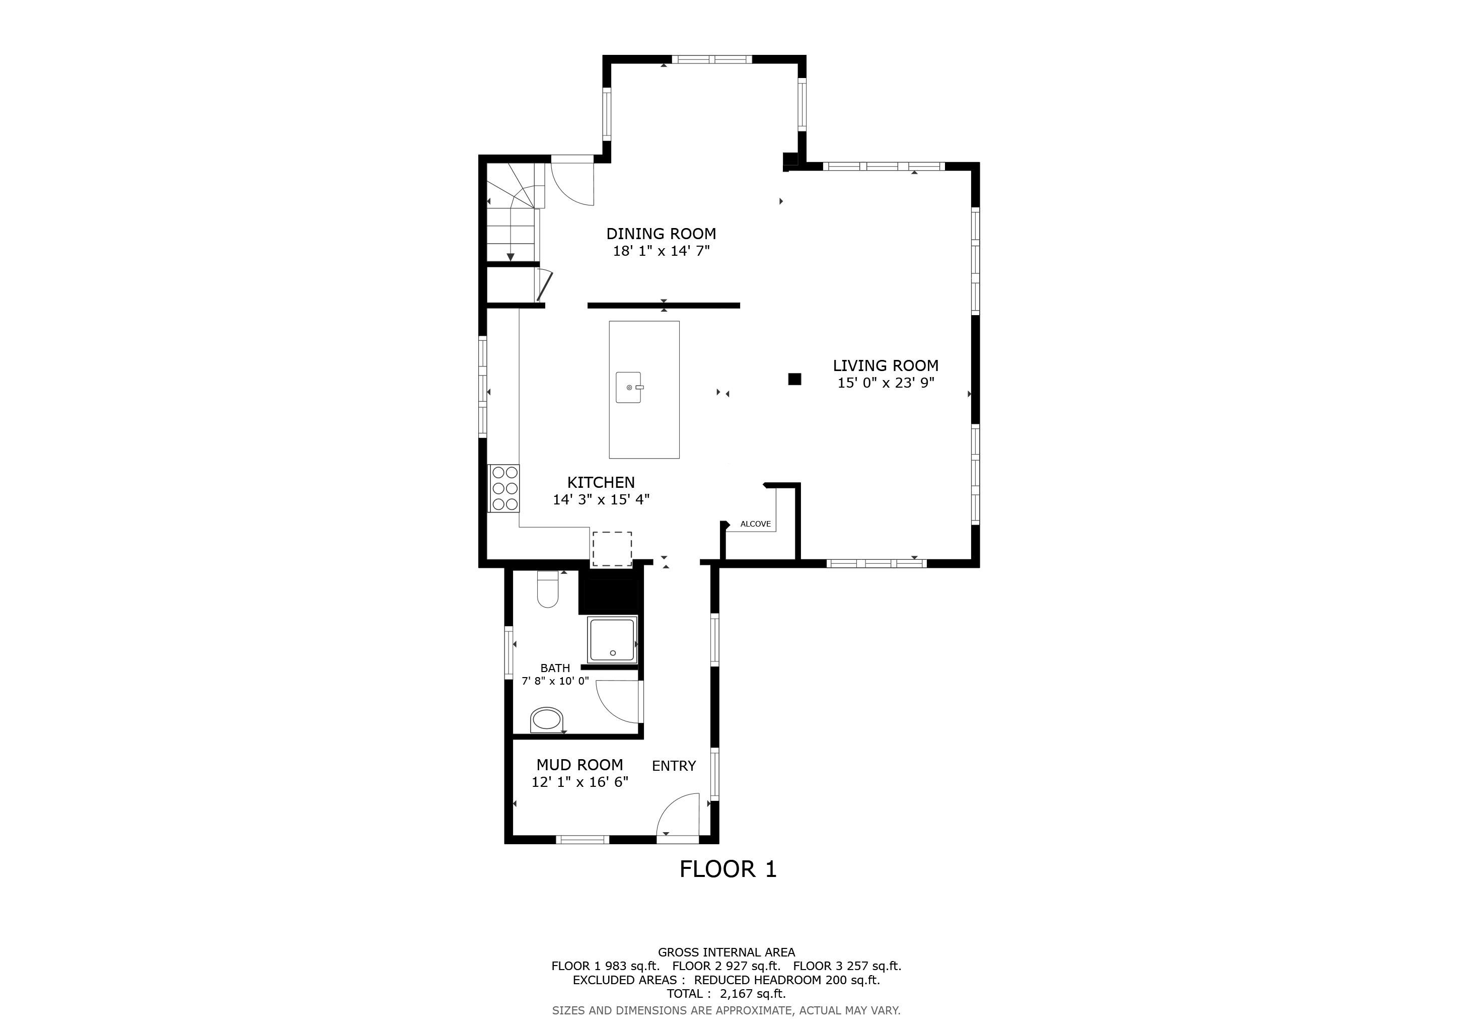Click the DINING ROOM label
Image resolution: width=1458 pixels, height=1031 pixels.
coord(661,234)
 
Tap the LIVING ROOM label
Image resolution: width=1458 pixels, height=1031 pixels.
coord(886,365)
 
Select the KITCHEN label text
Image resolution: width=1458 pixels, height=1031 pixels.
coord(601,482)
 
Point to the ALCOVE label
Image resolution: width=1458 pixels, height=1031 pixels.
coord(756,524)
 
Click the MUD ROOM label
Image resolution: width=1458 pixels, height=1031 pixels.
coord(580,765)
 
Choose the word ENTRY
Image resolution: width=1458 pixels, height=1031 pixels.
coord(674,766)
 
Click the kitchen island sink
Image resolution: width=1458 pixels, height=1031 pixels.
coord(629,387)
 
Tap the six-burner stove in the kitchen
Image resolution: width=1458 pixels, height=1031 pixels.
coord(504,488)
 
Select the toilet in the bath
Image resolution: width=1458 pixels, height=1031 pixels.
coord(547,588)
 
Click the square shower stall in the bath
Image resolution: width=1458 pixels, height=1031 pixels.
coord(612,639)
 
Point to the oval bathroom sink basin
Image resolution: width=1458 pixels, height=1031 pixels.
coord(547,720)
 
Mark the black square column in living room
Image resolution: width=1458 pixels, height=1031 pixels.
coord(794,379)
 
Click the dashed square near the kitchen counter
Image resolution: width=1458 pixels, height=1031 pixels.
coord(612,549)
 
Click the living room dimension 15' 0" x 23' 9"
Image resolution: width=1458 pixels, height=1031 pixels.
coord(886,383)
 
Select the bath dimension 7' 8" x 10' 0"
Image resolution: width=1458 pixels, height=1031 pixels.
coord(555,681)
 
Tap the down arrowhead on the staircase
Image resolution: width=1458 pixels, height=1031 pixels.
coord(511,257)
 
